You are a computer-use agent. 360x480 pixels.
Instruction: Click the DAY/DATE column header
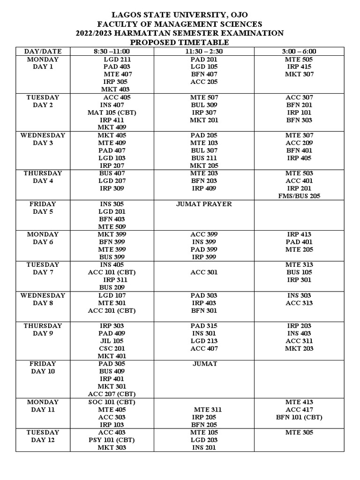(x=43, y=51)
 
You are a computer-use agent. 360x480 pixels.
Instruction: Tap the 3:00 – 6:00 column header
(x=299, y=51)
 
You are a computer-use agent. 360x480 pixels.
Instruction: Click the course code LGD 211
(x=117, y=60)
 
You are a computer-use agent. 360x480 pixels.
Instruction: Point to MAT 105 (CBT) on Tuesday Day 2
(x=112, y=112)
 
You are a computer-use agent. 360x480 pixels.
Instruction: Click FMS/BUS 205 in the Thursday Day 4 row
(x=299, y=196)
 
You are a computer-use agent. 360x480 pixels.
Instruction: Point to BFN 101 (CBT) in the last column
(x=299, y=417)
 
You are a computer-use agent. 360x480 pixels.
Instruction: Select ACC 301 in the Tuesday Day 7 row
(x=204, y=272)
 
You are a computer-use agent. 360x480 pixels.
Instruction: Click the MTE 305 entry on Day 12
(x=299, y=432)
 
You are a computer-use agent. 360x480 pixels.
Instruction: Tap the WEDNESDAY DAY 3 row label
(x=43, y=139)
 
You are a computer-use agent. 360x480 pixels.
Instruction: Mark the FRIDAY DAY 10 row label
(x=43, y=367)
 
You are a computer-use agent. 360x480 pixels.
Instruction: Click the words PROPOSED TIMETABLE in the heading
(x=180, y=43)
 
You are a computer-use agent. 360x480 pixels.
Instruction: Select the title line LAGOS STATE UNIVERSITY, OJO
(x=180, y=15)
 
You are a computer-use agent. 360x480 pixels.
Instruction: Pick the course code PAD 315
(x=204, y=326)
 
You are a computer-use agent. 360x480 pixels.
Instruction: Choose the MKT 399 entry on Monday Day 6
(x=112, y=234)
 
